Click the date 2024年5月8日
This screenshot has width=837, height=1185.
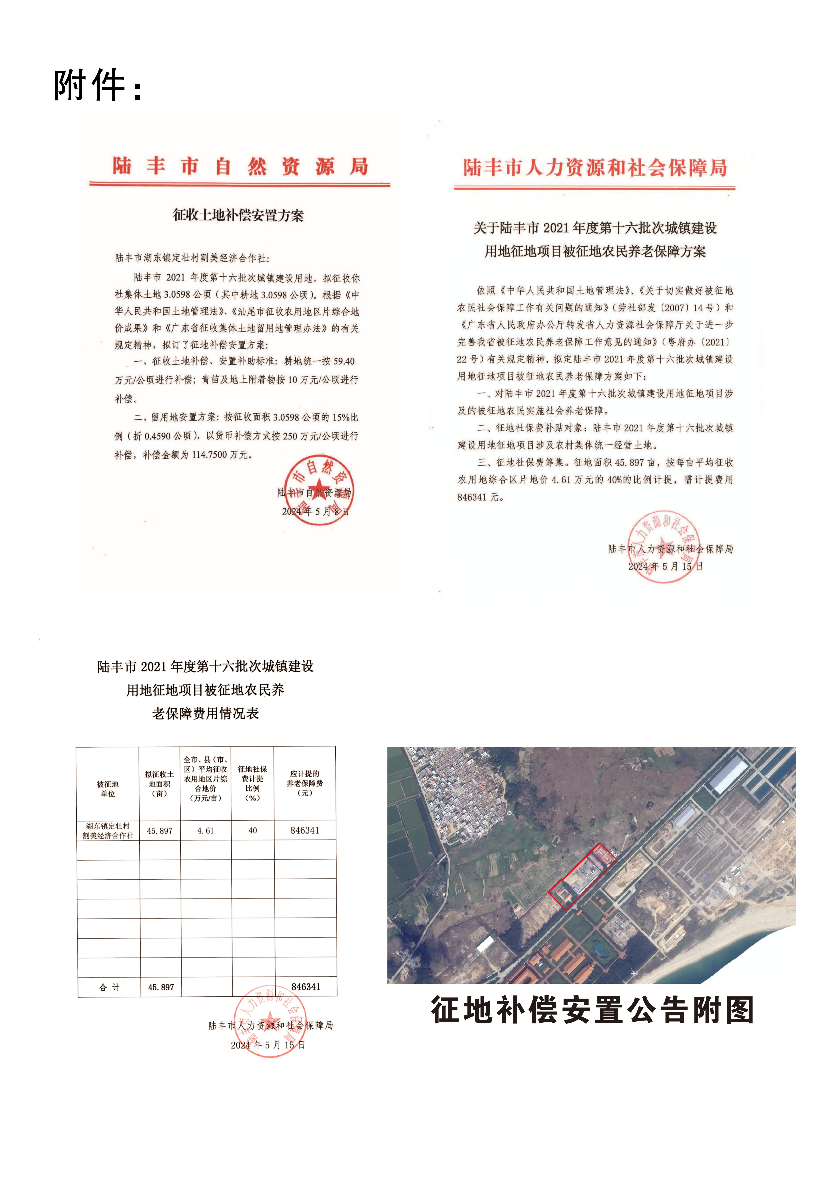tap(315, 511)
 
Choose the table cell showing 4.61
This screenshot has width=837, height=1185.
tap(205, 831)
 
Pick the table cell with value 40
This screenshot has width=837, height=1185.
tap(252, 831)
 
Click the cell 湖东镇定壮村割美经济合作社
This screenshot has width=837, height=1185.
tap(108, 831)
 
